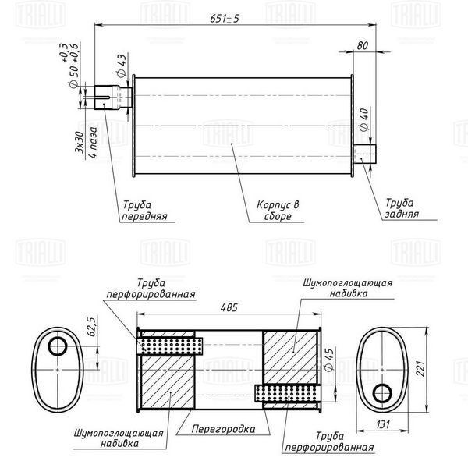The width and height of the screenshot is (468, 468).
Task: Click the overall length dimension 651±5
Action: pyautogui.click(x=225, y=19)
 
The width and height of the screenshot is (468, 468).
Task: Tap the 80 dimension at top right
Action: pyautogui.click(x=363, y=46)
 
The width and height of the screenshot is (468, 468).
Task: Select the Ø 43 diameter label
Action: pyautogui.click(x=122, y=66)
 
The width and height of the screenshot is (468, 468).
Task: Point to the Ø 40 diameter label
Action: pyautogui.click(x=363, y=119)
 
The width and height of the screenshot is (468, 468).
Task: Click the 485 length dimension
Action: pyautogui.click(x=229, y=307)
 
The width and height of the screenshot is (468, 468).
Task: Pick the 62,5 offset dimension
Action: pyautogui.click(x=92, y=326)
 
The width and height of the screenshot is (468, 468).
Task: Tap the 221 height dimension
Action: pyautogui.click(x=420, y=368)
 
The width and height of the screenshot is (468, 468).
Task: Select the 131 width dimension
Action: pyautogui.click(x=383, y=424)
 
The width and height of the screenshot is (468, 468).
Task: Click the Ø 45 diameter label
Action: pyautogui.click(x=329, y=360)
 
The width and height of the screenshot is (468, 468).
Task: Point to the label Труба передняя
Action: pyautogui.click(x=144, y=211)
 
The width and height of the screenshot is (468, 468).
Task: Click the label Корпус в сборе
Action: pyautogui.click(x=278, y=211)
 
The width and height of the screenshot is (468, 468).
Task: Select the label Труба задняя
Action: pyautogui.click(x=401, y=208)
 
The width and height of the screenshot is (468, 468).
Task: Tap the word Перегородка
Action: pyautogui.click(x=223, y=429)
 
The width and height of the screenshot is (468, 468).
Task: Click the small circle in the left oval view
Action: pyautogui.click(x=58, y=346)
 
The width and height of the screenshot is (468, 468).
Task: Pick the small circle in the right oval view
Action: pyautogui.click(x=382, y=393)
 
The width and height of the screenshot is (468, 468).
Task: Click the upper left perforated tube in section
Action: pyautogui.click(x=169, y=346)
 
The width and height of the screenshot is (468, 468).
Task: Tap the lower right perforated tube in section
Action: pyautogui.click(x=287, y=393)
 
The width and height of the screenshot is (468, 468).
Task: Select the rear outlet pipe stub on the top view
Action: pyautogui.click(x=364, y=154)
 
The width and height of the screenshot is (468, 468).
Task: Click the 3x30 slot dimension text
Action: pyautogui.click(x=79, y=142)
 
